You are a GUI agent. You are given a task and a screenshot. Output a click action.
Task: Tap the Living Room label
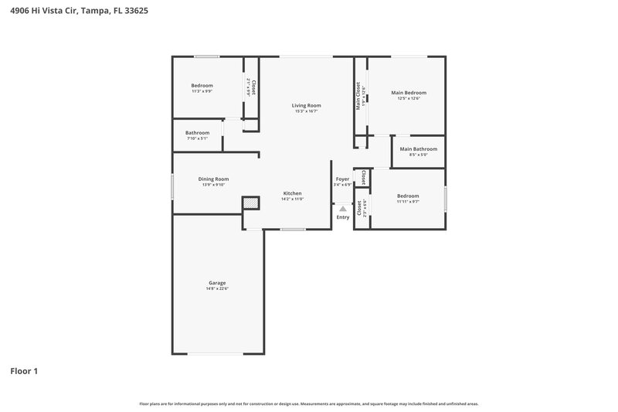pyautogui.click(x=306, y=105)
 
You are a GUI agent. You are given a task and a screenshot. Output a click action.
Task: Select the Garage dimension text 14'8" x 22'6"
pyautogui.click(x=217, y=288)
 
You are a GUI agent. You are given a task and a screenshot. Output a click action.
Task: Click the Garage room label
pyautogui.click(x=217, y=283)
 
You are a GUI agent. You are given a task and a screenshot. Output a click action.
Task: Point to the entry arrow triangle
pyautogui.click(x=343, y=209)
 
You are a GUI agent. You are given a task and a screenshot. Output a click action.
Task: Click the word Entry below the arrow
pyautogui.click(x=343, y=217)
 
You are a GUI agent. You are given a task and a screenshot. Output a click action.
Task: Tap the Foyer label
pyautogui.click(x=342, y=179)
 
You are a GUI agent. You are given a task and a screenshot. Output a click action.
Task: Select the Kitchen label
pyautogui.click(x=292, y=193)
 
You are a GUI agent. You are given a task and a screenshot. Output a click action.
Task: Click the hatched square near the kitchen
pyautogui.click(x=250, y=203)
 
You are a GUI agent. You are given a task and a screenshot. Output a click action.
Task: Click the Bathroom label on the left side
pyautogui.click(x=197, y=132)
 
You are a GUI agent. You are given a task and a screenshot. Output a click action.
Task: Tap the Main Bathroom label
pyautogui.click(x=418, y=148)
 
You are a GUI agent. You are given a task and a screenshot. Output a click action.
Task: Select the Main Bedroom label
pyautogui.click(x=409, y=92)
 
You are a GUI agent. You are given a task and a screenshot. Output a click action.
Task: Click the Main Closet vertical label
pyautogui.click(x=358, y=96)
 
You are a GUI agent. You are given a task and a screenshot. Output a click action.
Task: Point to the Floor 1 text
pyautogui.click(x=23, y=371)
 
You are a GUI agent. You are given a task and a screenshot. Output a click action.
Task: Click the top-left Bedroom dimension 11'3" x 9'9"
pyautogui.click(x=202, y=91)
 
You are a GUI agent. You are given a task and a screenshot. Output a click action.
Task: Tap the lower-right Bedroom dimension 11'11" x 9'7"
pyautogui.click(x=408, y=202)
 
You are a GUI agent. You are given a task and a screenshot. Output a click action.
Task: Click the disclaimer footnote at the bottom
pyautogui.click(x=309, y=403)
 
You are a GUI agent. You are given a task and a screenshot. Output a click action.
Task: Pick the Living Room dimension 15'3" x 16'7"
pyautogui.click(x=306, y=111)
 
